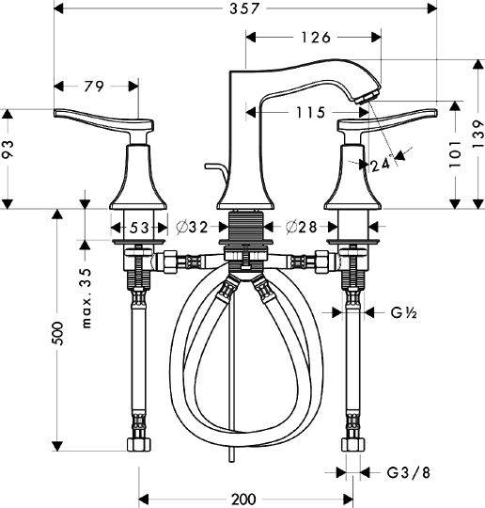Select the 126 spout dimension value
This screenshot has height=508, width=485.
(x=314, y=38)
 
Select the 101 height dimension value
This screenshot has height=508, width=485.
(x=454, y=149)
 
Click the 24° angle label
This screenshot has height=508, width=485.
(x=380, y=165)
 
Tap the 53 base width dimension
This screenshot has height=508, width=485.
(x=138, y=227)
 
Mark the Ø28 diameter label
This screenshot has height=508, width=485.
(x=300, y=227)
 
